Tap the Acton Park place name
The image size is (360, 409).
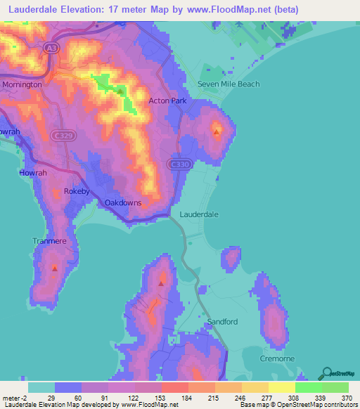[167, 100]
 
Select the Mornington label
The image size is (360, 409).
[22, 84]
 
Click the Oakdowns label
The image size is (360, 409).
[123, 203]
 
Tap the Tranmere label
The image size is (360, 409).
[49, 241]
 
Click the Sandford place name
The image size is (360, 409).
[223, 322]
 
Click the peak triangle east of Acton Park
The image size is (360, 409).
[216, 131]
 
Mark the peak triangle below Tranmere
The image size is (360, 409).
[54, 267]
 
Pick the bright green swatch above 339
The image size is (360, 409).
[308, 387]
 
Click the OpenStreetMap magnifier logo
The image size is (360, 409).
[325, 372]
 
